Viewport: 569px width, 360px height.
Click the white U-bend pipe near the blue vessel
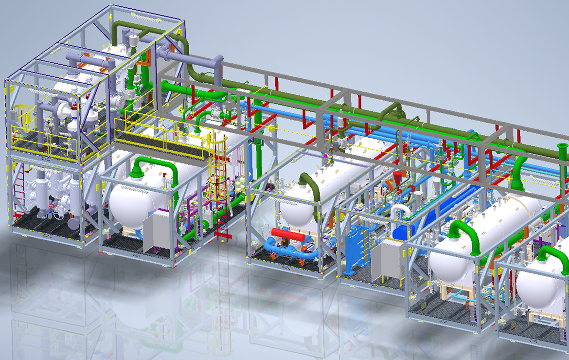point(399,212)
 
